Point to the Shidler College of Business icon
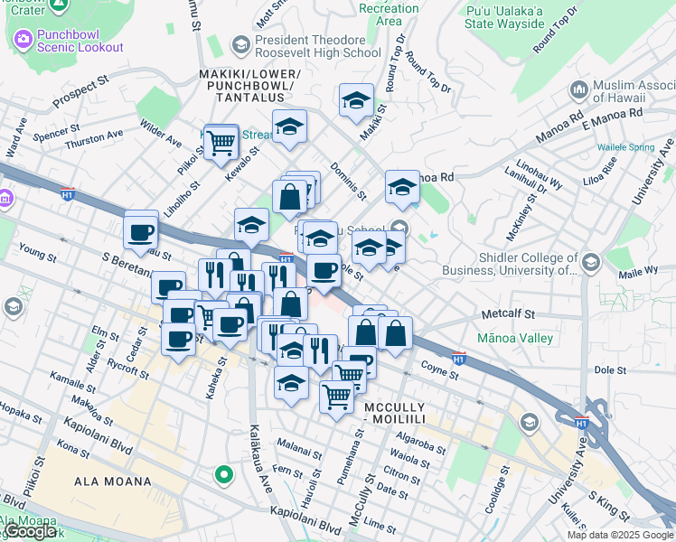pos(591,263)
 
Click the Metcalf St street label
pos(508,314)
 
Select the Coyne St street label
pos(440,369)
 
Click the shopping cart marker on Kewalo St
pos(221,143)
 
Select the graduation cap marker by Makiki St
pos(356,101)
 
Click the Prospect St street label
pos(80,90)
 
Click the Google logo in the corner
pos(31,531)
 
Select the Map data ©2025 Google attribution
pos(620,535)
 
